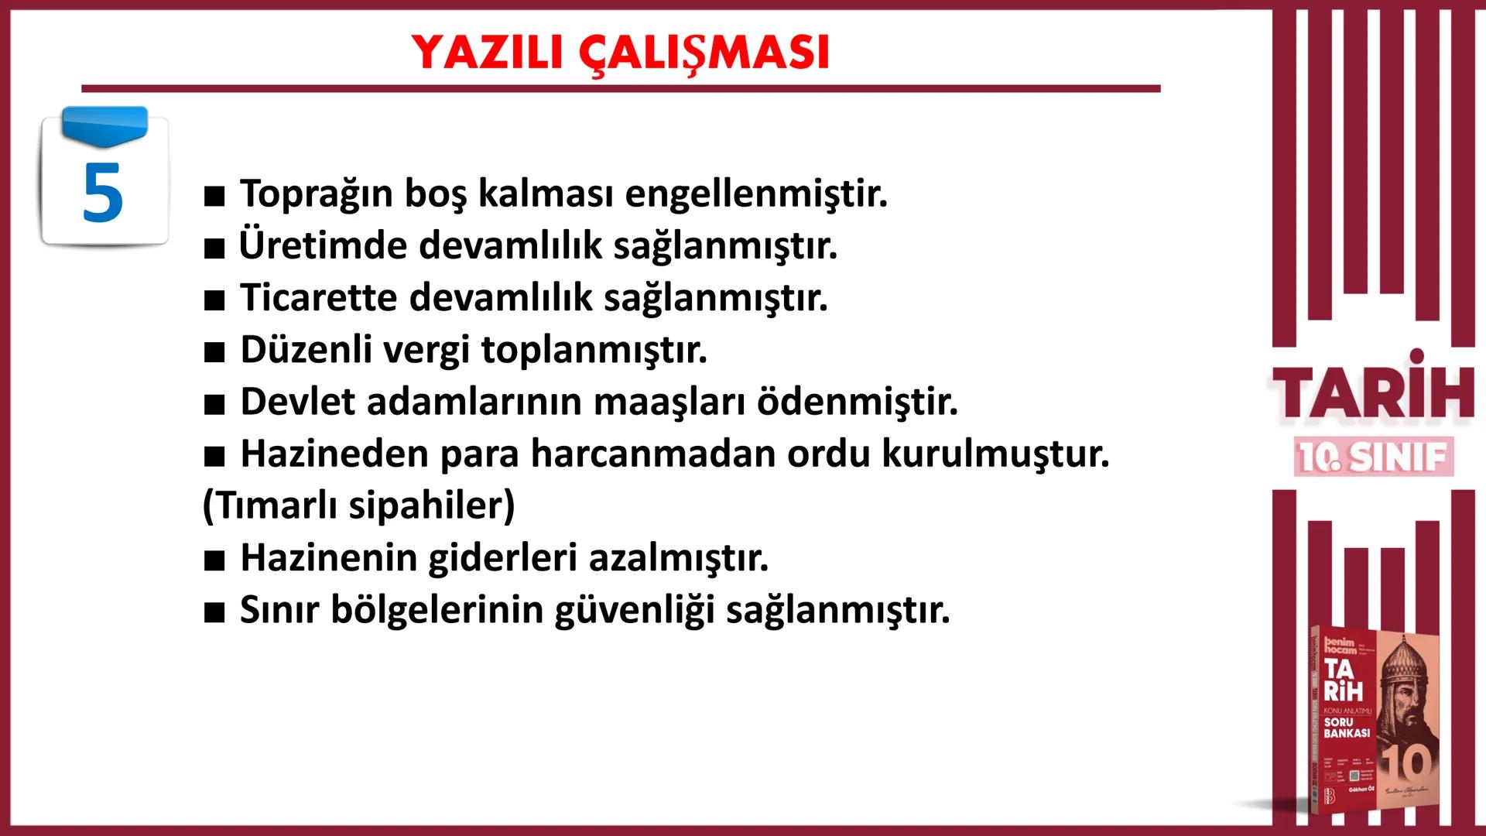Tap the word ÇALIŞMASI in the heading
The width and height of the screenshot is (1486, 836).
tap(704, 53)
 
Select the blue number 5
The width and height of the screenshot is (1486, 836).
tap(102, 194)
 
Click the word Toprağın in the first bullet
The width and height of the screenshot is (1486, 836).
tap(316, 194)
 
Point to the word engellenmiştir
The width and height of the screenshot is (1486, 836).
tap(756, 194)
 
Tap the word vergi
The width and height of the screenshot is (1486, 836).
tap(426, 350)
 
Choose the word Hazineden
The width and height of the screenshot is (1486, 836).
tap(334, 454)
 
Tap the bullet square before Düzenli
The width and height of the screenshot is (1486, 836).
tap(214, 352)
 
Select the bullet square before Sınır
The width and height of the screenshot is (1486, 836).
tap(214, 612)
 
